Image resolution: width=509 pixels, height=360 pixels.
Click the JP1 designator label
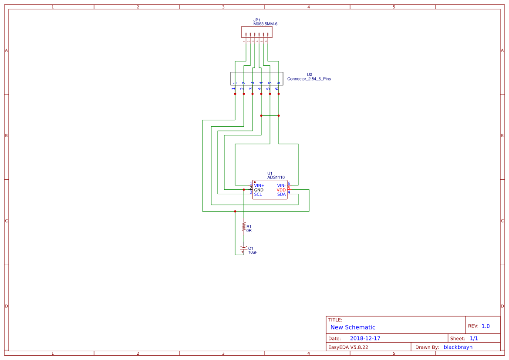[256, 20]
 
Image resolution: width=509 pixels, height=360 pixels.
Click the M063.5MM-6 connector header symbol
[257, 32]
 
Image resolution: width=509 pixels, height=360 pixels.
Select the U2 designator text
[309, 74]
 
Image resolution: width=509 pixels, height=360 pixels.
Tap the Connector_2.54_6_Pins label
[309, 79]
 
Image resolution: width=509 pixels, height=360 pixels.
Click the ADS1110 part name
[276, 178]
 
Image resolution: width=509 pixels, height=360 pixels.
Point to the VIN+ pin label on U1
[259, 185]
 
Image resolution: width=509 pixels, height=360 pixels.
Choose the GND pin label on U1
[259, 190]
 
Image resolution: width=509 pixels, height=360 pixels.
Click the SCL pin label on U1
[258, 194]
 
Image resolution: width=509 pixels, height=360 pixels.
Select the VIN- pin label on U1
[281, 185]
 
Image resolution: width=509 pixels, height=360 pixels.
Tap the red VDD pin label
[281, 190]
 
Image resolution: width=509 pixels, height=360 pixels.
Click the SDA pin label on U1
[281, 194]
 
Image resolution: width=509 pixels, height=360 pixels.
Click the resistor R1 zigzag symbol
[243, 227]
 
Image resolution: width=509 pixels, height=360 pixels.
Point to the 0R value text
[249, 230]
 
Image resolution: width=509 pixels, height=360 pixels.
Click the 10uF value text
[253, 252]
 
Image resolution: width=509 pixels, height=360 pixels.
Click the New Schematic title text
[353, 327]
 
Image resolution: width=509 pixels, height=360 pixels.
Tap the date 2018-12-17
[365, 338]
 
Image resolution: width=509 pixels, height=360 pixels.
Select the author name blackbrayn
[458, 347]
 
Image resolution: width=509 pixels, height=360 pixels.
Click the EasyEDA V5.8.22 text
[348, 347]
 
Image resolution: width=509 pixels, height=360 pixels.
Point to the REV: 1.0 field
[479, 326]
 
